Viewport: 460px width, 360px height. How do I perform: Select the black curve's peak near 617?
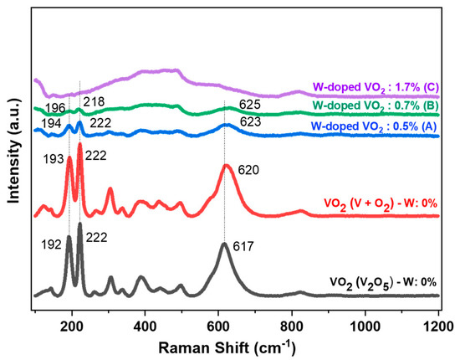(x=224, y=244)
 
